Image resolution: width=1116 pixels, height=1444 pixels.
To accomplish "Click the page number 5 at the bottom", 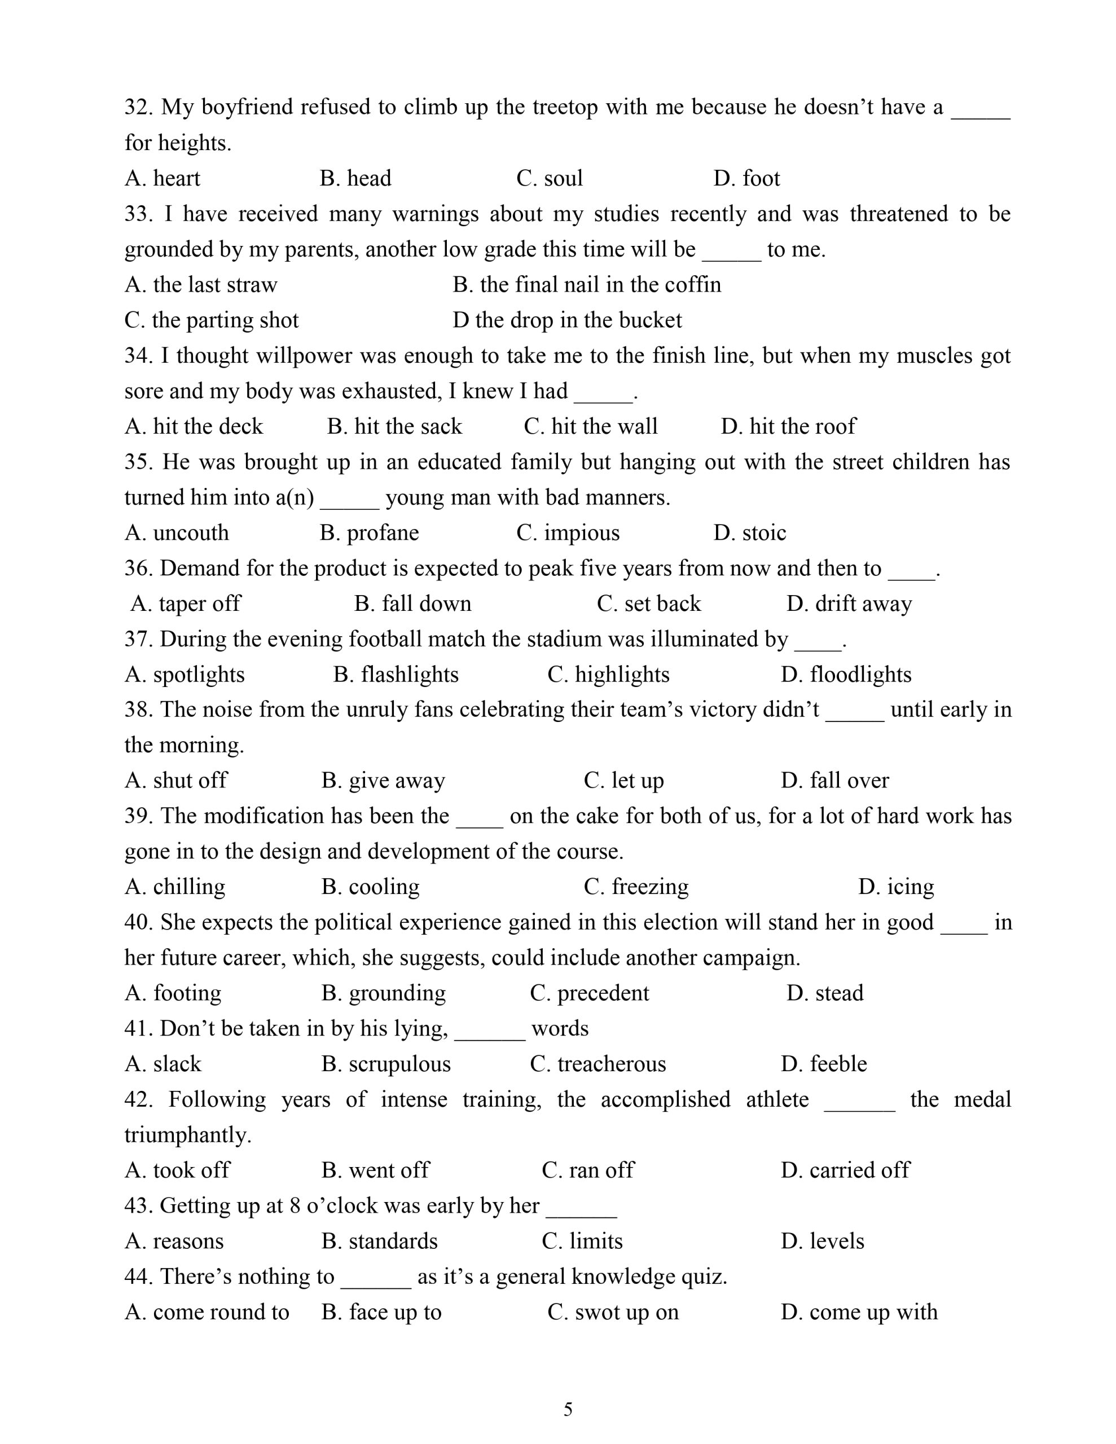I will click(x=568, y=1409).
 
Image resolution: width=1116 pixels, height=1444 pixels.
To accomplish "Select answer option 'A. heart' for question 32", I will click(x=162, y=178).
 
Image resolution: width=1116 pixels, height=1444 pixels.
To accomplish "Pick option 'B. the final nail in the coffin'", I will click(x=587, y=285).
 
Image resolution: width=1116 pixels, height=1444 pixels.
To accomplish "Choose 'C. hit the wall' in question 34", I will click(x=591, y=426).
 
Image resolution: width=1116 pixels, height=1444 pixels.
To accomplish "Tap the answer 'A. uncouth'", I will click(x=177, y=533).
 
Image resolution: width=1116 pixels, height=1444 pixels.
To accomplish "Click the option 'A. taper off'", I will click(x=186, y=604).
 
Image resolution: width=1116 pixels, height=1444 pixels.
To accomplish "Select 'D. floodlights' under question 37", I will click(x=845, y=675).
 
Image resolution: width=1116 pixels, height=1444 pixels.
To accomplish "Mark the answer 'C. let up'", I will click(x=623, y=781).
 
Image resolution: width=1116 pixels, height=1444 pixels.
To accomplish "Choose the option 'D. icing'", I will click(x=896, y=887).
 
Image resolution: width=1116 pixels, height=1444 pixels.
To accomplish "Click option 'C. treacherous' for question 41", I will click(x=598, y=1064).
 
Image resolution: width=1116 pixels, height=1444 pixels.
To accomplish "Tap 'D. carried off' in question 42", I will click(x=845, y=1170).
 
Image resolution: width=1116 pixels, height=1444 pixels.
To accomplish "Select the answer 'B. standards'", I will click(x=380, y=1241).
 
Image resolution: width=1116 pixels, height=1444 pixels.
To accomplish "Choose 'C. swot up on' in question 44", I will click(x=613, y=1312).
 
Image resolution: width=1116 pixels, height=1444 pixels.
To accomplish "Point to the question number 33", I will click(x=138, y=214).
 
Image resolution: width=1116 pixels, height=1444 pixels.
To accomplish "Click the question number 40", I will click(x=138, y=922).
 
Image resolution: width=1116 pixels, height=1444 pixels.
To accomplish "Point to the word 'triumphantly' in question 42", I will click(x=187, y=1134).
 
